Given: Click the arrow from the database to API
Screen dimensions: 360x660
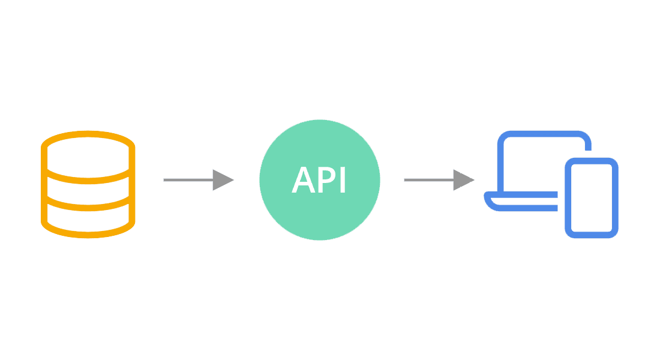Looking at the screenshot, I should pos(198,179).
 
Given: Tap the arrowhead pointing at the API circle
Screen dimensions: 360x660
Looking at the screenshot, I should pos(223,179).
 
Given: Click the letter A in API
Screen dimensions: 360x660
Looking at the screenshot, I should pos(302,179).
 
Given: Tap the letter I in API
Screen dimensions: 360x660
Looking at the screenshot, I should pos(342,179).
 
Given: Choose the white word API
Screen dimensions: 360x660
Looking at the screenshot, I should pos(319,179).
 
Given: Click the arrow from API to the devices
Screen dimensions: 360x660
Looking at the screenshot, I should pos(439,179).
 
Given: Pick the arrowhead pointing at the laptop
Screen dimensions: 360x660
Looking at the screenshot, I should pos(464,179).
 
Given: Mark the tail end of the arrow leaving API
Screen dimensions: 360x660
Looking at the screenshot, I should pos(407,179).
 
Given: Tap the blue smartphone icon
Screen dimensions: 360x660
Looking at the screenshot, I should pos(592,198).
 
